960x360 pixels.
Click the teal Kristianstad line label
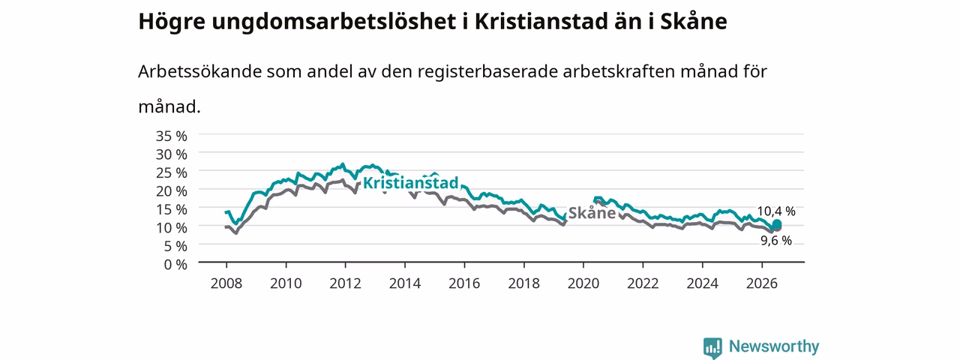point(410,183)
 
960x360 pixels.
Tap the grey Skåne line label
point(592,213)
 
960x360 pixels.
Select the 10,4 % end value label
point(776,211)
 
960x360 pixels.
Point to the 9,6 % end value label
point(776,241)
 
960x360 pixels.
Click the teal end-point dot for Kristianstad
point(776,223)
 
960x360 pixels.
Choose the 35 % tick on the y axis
point(172,136)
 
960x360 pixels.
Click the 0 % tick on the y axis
point(175,265)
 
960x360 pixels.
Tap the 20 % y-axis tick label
point(172,190)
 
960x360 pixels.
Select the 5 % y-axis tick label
point(175,246)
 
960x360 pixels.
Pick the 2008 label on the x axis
point(226,283)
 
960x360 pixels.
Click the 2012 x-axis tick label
point(346,283)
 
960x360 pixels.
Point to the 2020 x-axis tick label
point(583,283)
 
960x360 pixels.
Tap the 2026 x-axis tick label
point(762,283)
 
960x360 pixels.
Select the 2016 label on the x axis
point(464,283)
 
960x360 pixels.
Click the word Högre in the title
point(172,22)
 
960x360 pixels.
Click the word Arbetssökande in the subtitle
point(199,71)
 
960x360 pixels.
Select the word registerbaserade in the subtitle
point(487,71)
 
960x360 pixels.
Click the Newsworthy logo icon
point(712,347)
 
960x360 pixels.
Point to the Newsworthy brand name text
point(774,346)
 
